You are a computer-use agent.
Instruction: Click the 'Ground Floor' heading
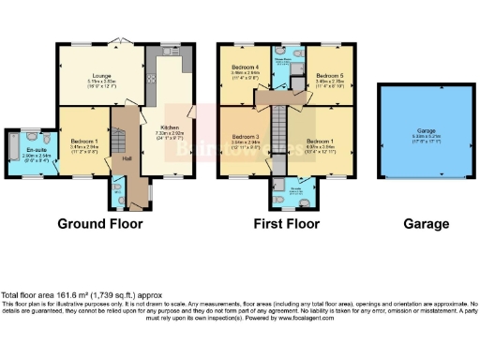(x=100, y=224)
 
